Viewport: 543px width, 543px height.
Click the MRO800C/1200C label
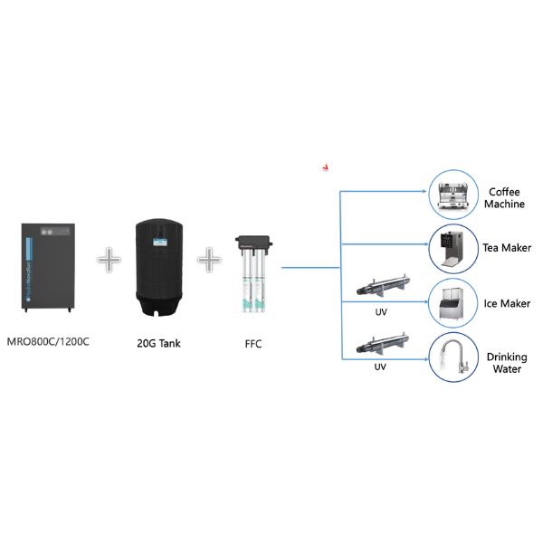[x=49, y=342]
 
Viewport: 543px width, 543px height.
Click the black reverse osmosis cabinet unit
[x=49, y=268]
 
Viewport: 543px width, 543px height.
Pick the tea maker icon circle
[x=452, y=247]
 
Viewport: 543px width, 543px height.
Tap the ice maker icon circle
[x=452, y=303]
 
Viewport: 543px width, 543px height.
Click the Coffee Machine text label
[x=506, y=198]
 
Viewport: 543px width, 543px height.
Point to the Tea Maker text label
[x=506, y=248]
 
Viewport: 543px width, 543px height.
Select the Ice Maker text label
[x=506, y=303]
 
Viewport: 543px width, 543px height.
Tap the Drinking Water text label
[x=506, y=363]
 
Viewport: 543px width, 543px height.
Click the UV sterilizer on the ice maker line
[x=380, y=290]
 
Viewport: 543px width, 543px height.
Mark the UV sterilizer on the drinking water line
[x=380, y=346]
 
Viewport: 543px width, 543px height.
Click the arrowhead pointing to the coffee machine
[x=423, y=192]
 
